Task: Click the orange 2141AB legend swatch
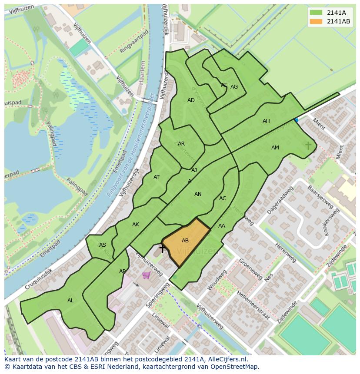click(316, 21)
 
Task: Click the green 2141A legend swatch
click(316, 13)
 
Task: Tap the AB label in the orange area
click(185, 241)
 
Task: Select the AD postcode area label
click(191, 100)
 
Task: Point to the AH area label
click(266, 121)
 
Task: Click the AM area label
click(275, 148)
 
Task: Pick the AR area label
click(181, 144)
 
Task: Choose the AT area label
click(157, 177)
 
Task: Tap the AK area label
click(136, 225)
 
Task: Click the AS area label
click(103, 245)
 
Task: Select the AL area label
click(70, 301)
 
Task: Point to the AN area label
click(198, 194)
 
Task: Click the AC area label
click(223, 199)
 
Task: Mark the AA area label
click(222, 226)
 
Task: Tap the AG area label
click(234, 87)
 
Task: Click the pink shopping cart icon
click(147, 275)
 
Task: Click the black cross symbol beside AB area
click(163, 248)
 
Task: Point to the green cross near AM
click(308, 146)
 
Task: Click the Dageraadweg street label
click(281, 200)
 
